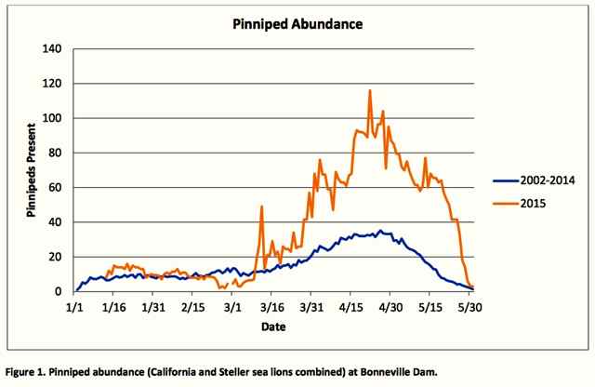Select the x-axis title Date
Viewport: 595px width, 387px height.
pos(273,327)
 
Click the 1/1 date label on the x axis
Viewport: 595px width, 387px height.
pos(74,307)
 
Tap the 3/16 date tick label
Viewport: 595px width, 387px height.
pos(272,307)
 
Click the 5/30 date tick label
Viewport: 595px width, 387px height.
pos(469,307)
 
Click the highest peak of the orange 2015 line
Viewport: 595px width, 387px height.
pos(370,90)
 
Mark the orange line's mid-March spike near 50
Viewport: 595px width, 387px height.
pos(262,207)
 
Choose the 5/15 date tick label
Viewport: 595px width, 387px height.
pos(430,307)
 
